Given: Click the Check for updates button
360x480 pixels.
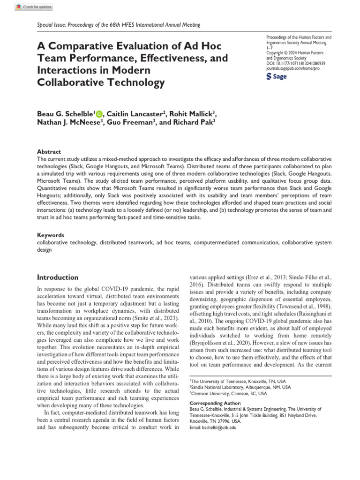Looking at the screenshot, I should tap(34, 7).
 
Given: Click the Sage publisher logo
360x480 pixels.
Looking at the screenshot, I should tap(277, 76).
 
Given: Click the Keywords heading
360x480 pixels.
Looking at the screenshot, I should tap(51, 234).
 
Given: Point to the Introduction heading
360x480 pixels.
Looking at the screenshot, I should tap(58, 277).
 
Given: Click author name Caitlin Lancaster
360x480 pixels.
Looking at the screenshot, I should tap(133, 113).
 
